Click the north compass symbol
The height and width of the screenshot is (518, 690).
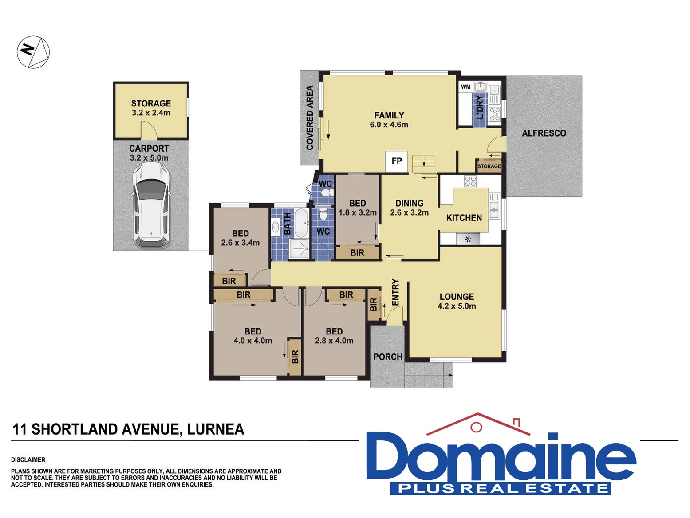[x=33, y=52]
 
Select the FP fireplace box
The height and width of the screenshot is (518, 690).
[x=396, y=161]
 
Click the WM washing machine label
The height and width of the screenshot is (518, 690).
[x=465, y=86]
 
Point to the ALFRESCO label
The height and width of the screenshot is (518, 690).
[x=544, y=133]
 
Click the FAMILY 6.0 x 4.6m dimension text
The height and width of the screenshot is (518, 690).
[x=389, y=125]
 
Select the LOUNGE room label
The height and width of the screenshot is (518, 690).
[x=457, y=297]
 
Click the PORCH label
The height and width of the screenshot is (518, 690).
[x=387, y=357]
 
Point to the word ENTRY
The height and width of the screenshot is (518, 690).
[x=395, y=292]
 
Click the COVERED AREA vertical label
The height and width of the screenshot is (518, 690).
[x=310, y=118]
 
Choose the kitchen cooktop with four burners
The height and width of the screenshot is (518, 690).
[x=470, y=181]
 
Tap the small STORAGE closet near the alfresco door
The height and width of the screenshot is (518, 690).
[x=489, y=165]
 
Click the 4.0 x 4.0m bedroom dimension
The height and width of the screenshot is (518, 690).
[x=253, y=341]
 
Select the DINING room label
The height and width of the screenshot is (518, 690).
[x=409, y=203]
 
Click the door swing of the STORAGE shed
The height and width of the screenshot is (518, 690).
[x=149, y=130]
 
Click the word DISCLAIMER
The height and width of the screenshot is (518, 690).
[x=28, y=460]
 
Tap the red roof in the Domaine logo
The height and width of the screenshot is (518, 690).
[x=478, y=424]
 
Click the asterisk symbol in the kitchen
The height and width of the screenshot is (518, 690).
[x=468, y=239]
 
